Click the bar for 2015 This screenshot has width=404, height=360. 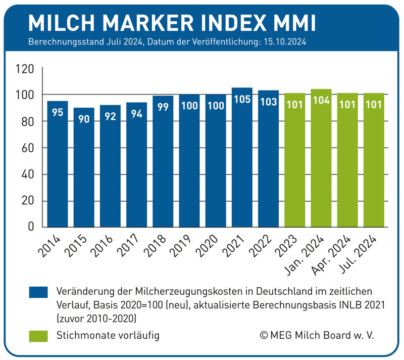pyautogui.click(x=84, y=167)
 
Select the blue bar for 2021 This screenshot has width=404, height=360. pyautogui.click(x=242, y=157)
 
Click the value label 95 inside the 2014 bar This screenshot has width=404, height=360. pyautogui.click(x=58, y=112)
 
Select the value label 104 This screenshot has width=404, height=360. pyautogui.click(x=321, y=100)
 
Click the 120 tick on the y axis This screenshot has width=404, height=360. pyautogui.click(x=25, y=69)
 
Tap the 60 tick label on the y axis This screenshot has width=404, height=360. pyautogui.click(x=27, y=148)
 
